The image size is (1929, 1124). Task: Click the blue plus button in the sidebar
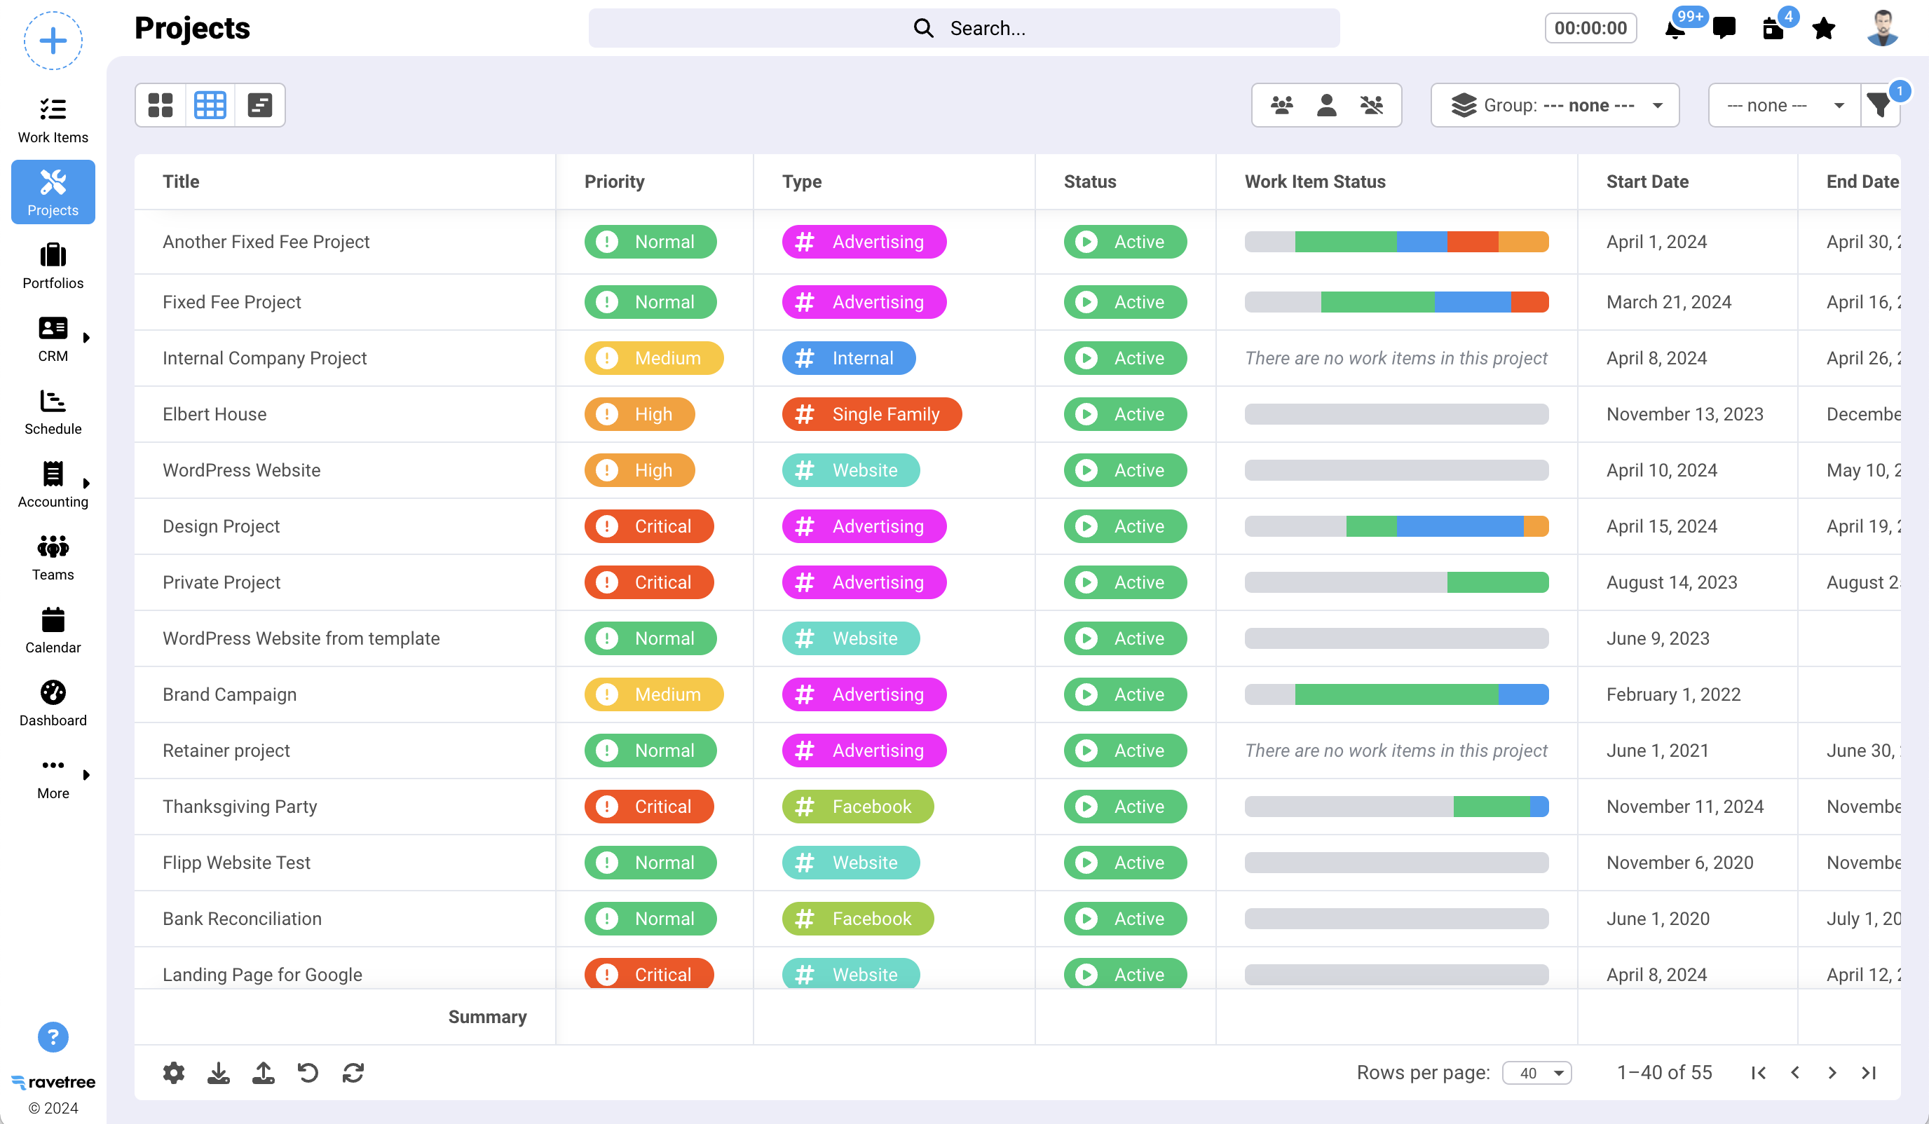click(53, 41)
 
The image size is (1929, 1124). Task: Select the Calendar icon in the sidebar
click(53, 630)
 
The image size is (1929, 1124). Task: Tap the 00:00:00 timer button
click(1590, 28)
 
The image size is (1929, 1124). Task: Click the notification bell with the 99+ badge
click(1675, 29)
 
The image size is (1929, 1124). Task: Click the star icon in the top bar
click(1823, 29)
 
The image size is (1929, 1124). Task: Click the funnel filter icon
click(1879, 106)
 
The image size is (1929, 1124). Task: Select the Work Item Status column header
click(1314, 181)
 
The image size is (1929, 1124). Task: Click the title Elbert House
click(214, 414)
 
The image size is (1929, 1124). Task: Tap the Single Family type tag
click(871, 414)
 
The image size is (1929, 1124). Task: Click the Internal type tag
click(848, 358)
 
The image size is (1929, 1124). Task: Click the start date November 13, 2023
click(1684, 414)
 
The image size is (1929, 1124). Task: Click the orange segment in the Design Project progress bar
click(1536, 526)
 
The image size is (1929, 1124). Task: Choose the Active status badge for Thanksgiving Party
click(1124, 807)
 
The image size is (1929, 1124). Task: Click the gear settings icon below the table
click(174, 1072)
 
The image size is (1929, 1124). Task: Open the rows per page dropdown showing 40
click(1536, 1073)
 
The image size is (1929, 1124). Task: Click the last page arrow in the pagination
click(1869, 1073)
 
